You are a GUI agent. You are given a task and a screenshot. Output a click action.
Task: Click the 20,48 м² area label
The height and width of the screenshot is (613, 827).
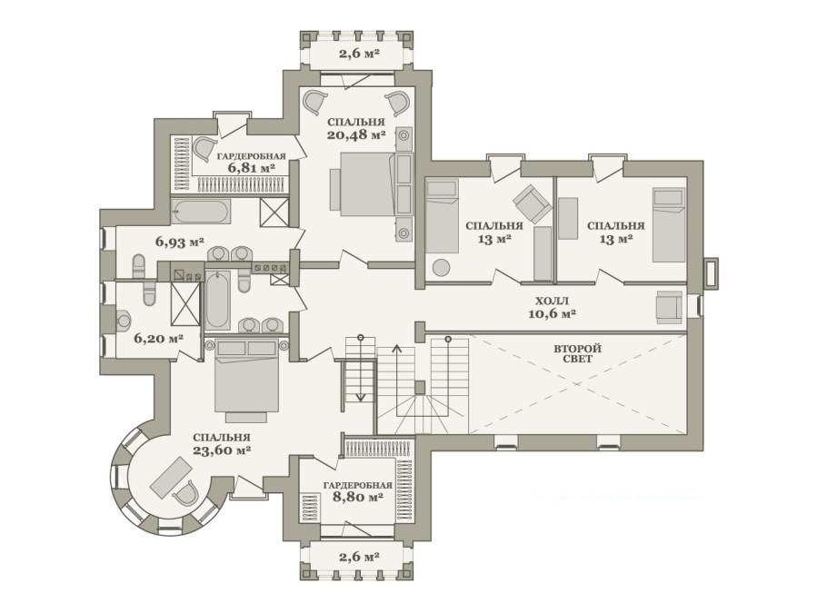click(356, 134)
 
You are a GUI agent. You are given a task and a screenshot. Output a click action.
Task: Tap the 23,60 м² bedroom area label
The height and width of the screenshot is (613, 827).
click(222, 450)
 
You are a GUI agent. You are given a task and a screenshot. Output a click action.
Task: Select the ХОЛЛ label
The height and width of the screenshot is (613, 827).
click(552, 302)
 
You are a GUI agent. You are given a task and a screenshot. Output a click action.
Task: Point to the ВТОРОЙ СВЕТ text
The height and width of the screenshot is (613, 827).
click(577, 353)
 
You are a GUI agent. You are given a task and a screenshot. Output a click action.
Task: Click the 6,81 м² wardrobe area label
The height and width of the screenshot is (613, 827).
click(252, 168)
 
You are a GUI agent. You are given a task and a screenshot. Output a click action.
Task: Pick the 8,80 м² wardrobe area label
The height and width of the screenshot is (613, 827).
click(358, 497)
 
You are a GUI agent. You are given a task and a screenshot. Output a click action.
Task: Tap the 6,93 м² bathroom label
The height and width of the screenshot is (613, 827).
click(180, 242)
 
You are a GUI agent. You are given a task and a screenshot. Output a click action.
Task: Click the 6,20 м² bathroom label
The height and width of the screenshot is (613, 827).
click(159, 338)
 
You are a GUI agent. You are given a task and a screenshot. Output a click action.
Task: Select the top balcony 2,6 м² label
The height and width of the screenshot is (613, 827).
click(360, 54)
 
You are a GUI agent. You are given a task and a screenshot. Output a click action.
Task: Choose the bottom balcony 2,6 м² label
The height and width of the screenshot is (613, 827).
click(360, 557)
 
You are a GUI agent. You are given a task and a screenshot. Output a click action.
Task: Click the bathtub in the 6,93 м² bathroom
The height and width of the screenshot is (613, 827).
click(201, 212)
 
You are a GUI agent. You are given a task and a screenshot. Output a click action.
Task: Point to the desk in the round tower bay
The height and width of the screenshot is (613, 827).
click(171, 477)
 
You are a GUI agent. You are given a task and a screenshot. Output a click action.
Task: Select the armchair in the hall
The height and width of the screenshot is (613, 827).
click(670, 307)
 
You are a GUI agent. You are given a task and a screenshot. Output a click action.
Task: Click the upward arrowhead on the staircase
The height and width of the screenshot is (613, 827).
click(396, 348)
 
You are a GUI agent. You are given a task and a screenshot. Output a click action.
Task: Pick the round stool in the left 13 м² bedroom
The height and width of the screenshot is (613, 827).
click(442, 267)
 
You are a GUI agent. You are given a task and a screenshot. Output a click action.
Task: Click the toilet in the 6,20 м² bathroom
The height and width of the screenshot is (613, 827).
click(150, 294)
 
